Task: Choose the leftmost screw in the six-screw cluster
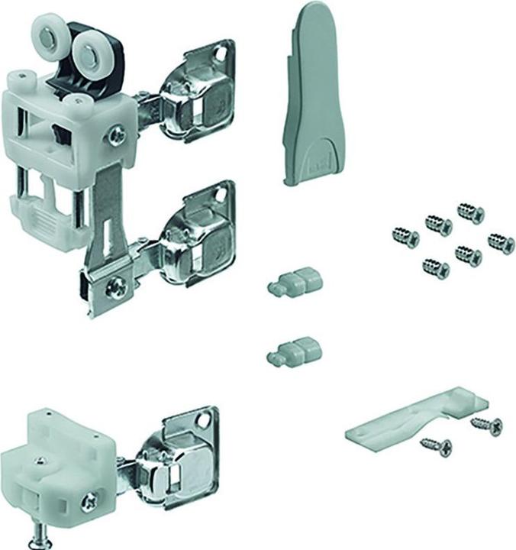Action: pyautogui.click(x=405, y=237)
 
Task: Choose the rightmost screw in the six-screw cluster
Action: pyautogui.click(x=501, y=244)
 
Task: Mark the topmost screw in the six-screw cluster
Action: pyautogui.click(x=470, y=212)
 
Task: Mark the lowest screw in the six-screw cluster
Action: pyautogui.click(x=436, y=268)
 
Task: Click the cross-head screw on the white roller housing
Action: pyautogui.click(x=117, y=135)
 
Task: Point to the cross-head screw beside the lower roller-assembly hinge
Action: pyautogui.click(x=118, y=288)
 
